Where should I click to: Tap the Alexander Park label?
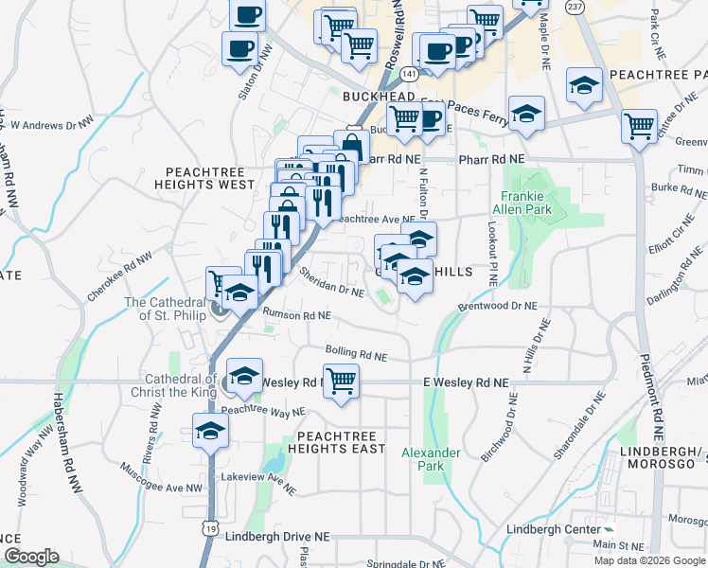click(430, 459)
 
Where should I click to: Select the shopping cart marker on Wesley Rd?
click(341, 381)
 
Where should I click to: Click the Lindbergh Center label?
click(554, 528)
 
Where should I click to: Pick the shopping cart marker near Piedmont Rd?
click(639, 126)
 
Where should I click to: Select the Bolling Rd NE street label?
click(357, 353)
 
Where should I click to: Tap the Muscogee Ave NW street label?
click(162, 478)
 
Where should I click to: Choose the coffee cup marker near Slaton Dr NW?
click(239, 49)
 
